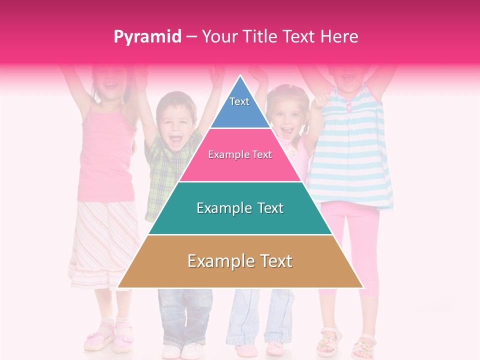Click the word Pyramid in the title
click(147, 37)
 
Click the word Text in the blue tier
click(239, 101)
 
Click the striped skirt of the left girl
click(100, 240)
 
